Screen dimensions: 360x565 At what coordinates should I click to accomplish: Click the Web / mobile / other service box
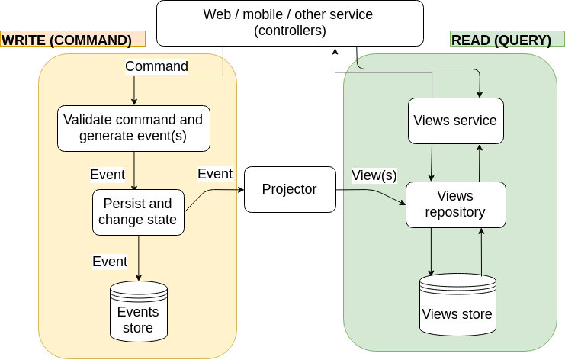click(x=290, y=23)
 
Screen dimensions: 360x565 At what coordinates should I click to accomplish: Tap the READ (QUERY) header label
click(x=501, y=40)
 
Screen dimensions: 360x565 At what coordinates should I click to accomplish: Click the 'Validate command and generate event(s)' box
click(x=133, y=128)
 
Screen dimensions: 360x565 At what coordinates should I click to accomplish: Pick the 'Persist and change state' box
click(x=138, y=212)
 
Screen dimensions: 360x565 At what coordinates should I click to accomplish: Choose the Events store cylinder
click(x=138, y=311)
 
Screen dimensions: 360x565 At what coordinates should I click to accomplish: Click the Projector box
click(x=290, y=189)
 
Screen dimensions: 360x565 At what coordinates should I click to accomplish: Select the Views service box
click(x=455, y=121)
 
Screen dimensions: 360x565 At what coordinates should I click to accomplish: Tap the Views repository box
click(x=455, y=204)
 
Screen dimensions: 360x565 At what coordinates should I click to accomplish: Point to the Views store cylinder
click(x=457, y=305)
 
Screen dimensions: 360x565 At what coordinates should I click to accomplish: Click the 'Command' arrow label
click(x=156, y=66)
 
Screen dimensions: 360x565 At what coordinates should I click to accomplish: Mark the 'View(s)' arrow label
click(x=374, y=175)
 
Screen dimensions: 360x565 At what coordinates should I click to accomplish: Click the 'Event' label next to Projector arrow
click(x=215, y=174)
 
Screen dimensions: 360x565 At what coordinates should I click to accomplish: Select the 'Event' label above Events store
click(x=110, y=262)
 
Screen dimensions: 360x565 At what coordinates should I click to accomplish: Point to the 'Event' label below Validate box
click(x=108, y=174)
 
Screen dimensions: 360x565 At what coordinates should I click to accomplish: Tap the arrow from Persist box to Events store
click(x=138, y=258)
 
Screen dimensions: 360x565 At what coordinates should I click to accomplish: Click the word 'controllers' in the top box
click(x=290, y=31)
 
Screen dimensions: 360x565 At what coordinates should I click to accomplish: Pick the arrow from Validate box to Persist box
click(x=134, y=169)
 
